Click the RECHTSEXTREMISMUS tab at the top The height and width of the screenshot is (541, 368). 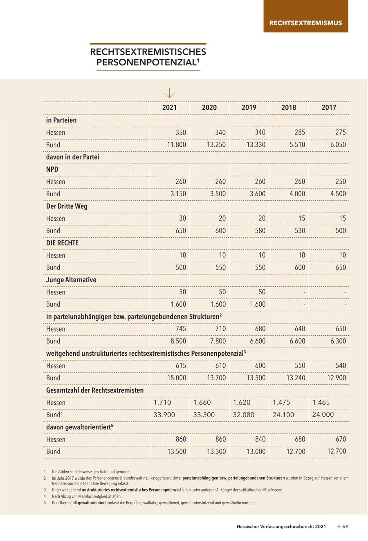(305, 23)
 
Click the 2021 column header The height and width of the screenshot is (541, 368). (169, 108)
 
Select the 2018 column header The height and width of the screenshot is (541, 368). (289, 108)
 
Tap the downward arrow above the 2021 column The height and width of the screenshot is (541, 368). (169, 94)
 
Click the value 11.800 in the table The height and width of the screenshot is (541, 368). (176, 145)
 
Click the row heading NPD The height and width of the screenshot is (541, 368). (52, 169)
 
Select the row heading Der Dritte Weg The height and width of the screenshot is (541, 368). (67, 206)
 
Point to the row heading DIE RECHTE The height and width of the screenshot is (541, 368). (62, 243)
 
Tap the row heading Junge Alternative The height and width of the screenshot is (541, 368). (71, 280)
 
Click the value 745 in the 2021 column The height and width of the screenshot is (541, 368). (180, 329)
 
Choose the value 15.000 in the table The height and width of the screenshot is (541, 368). (176, 378)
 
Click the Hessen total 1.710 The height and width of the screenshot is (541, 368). (162, 402)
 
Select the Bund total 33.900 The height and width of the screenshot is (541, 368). (164, 415)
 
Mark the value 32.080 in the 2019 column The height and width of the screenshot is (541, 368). (244, 415)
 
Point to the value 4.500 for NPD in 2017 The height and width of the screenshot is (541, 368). (338, 194)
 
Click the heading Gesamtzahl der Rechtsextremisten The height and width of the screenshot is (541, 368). (95, 390)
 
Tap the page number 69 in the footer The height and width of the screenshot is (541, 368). (345, 527)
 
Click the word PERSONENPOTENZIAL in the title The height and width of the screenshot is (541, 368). (146, 62)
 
